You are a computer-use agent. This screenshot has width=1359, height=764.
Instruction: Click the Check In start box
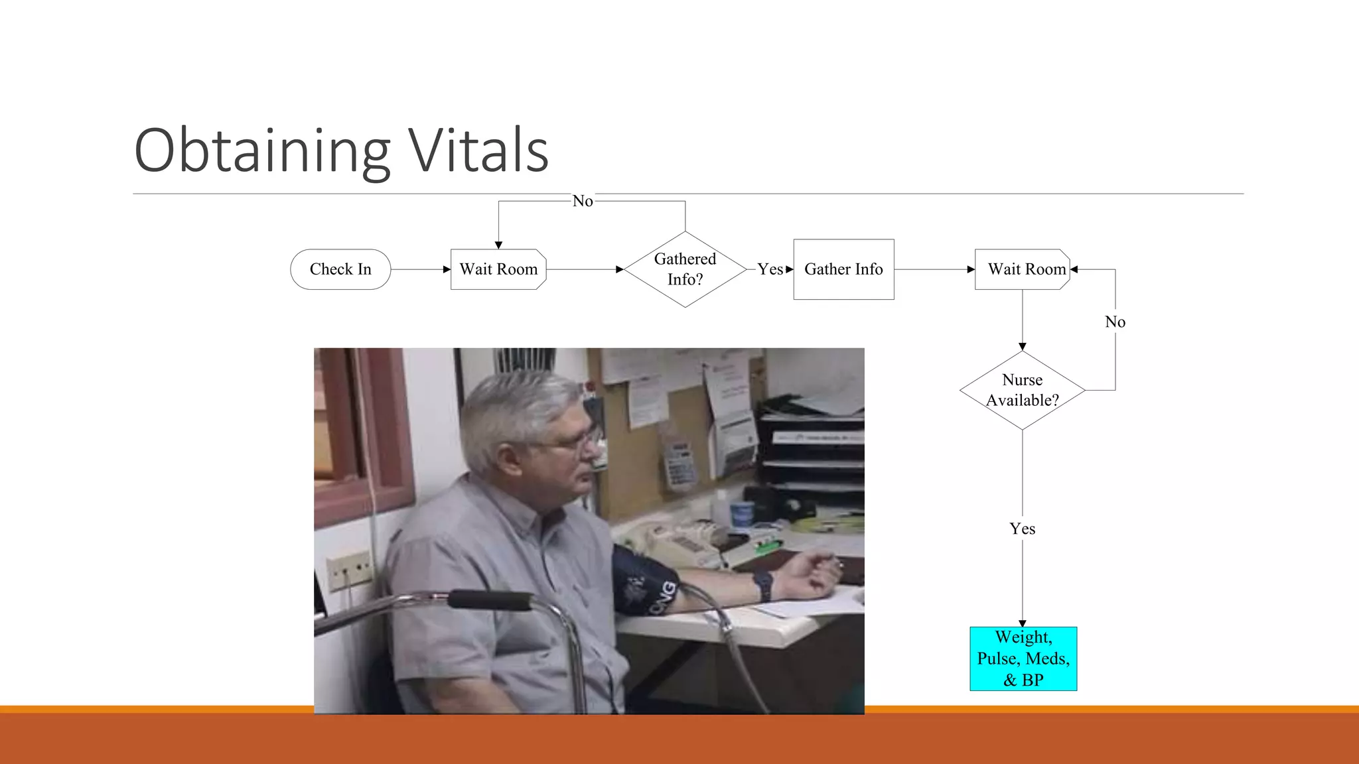tap(340, 269)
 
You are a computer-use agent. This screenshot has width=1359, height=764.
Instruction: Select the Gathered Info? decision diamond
tap(685, 269)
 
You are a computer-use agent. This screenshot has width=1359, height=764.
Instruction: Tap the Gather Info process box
tap(843, 269)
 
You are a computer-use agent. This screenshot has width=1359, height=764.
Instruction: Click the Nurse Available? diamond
tap(1022, 390)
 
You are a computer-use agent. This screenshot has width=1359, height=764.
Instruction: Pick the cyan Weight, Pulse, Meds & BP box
tap(1023, 659)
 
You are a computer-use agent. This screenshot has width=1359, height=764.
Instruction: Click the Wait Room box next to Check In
tap(498, 269)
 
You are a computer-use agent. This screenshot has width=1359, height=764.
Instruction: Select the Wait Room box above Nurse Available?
tap(1023, 269)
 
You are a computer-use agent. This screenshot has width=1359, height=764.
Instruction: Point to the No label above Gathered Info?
tap(583, 201)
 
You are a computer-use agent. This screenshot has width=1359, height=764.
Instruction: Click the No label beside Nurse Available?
tap(1115, 322)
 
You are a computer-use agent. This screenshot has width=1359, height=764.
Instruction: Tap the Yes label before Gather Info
tap(770, 269)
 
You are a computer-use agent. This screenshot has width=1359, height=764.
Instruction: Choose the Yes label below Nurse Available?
tap(1022, 529)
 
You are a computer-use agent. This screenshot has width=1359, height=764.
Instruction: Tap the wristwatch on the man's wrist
tap(763, 586)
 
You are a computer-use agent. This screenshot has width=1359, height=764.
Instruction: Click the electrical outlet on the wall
tap(350, 569)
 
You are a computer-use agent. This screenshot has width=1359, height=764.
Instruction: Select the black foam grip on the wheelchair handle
tap(490, 600)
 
